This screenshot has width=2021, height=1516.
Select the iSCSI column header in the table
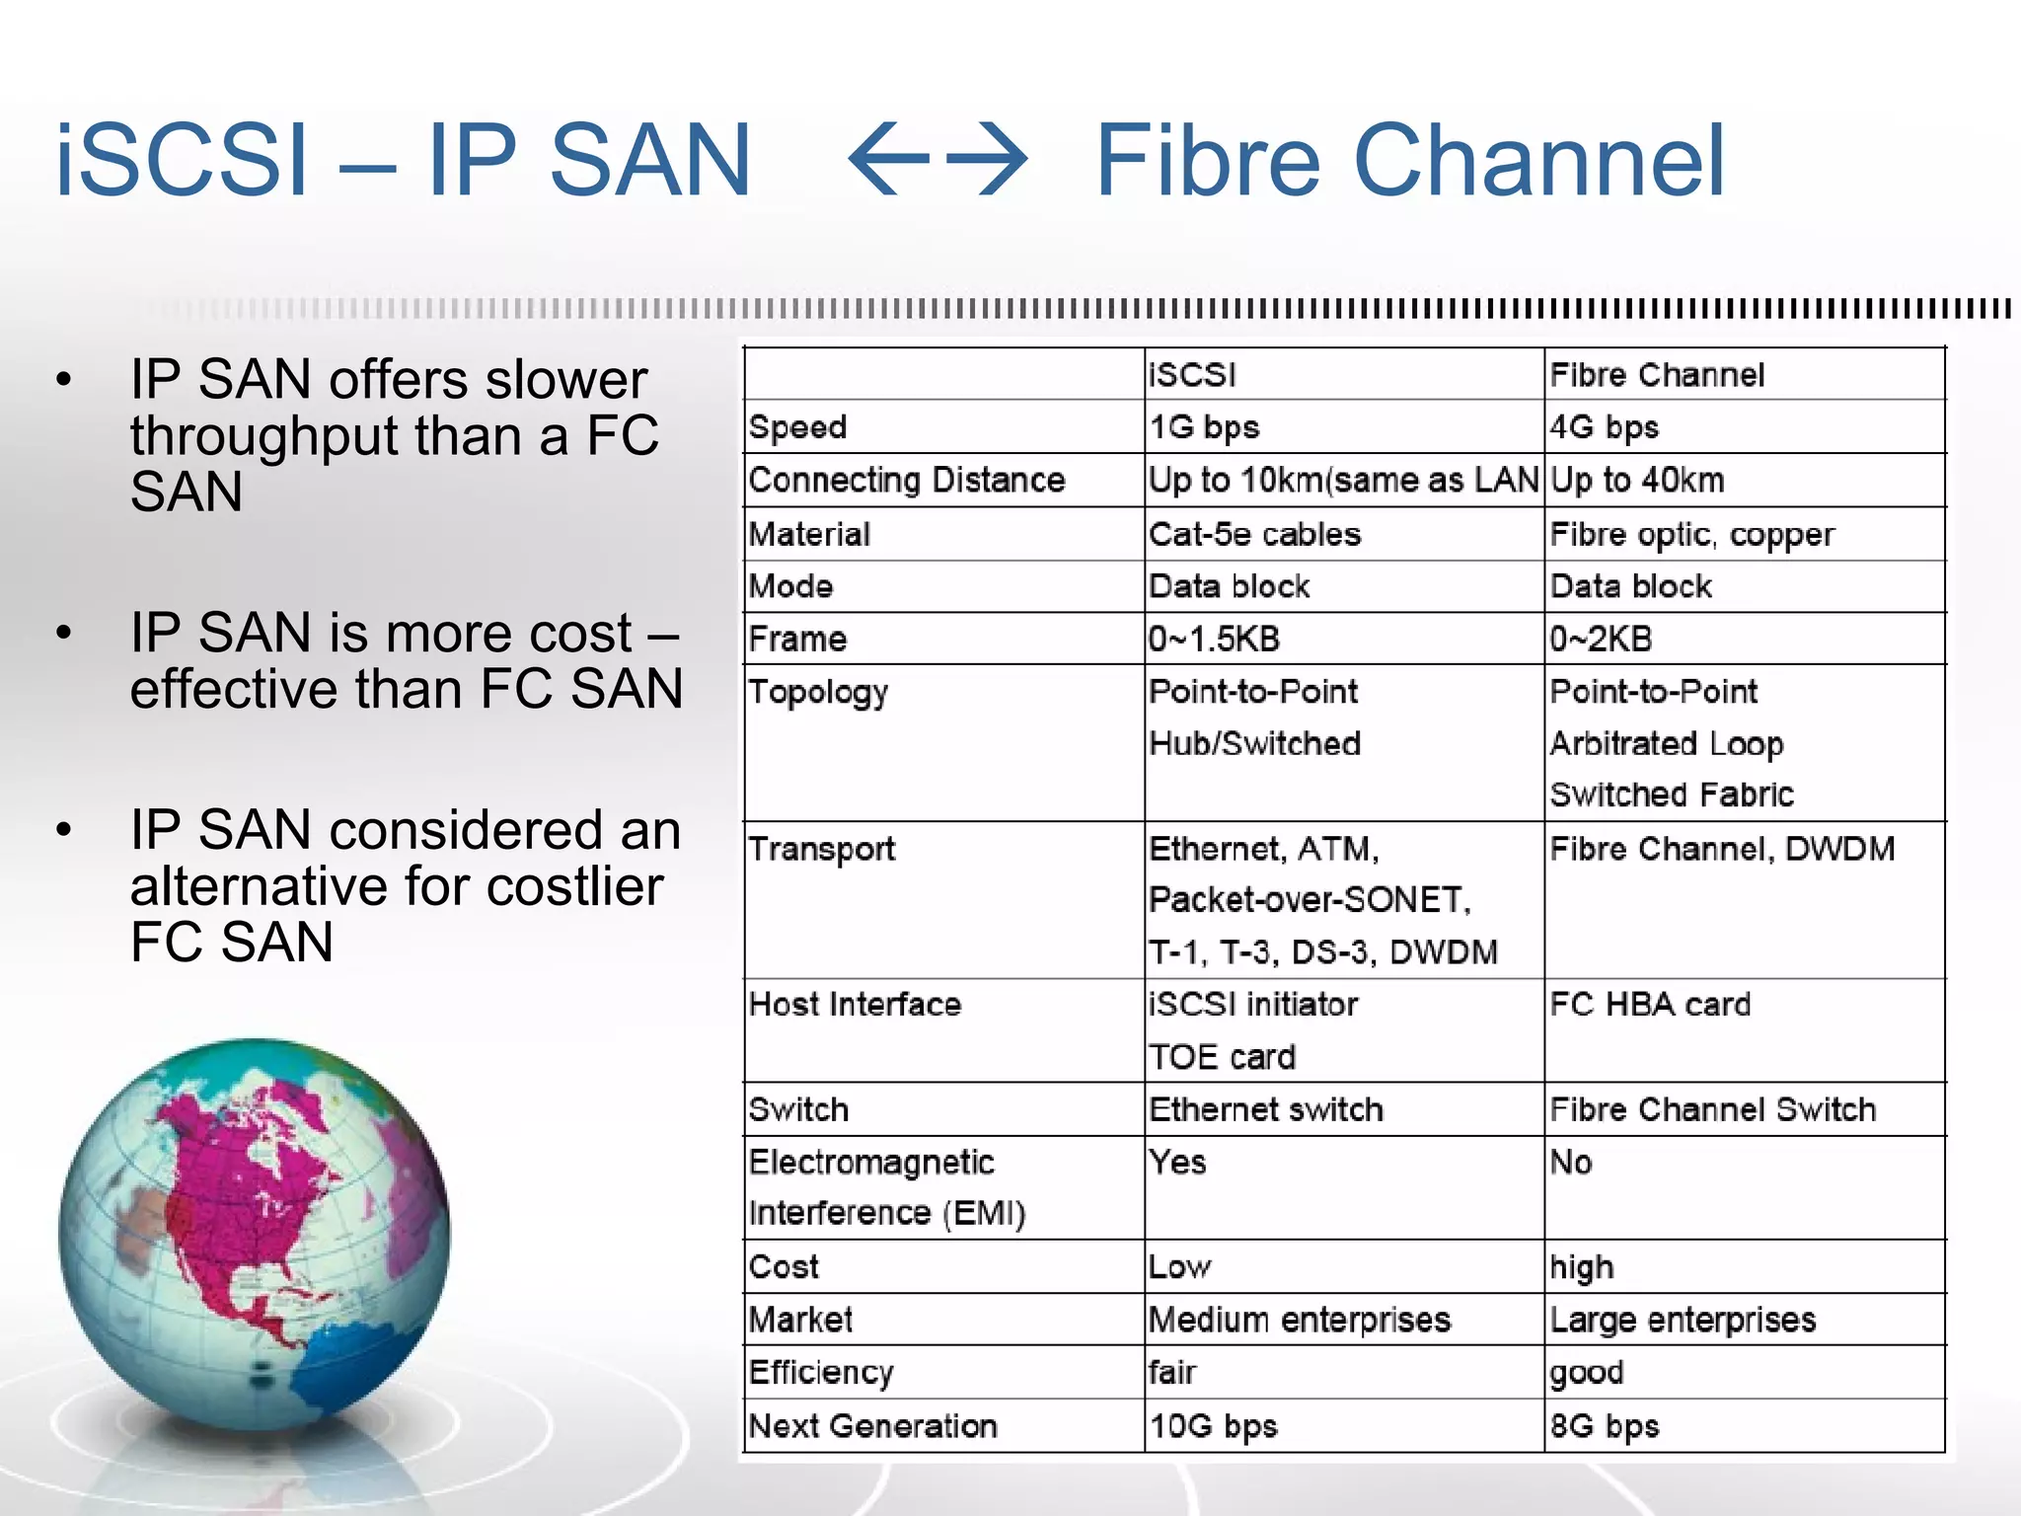(1192, 375)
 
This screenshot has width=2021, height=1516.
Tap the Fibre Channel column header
(1657, 375)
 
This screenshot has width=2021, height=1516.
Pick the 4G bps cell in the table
(1604, 427)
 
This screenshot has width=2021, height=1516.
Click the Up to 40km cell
(1637, 481)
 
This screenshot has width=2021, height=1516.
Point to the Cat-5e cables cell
(1254, 535)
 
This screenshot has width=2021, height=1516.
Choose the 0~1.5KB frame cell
(1214, 640)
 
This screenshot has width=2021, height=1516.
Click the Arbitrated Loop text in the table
(1666, 744)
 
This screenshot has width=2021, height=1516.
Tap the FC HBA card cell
(1650, 1005)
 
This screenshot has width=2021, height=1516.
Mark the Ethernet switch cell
(1266, 1109)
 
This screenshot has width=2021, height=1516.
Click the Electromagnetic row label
(871, 1163)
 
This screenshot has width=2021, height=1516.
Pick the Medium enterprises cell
(1300, 1321)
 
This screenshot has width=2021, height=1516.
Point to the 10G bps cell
(1213, 1426)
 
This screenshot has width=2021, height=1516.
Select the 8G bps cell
(1604, 1426)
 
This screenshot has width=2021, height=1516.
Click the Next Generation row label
(873, 1426)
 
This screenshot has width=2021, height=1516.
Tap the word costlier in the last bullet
(574, 886)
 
